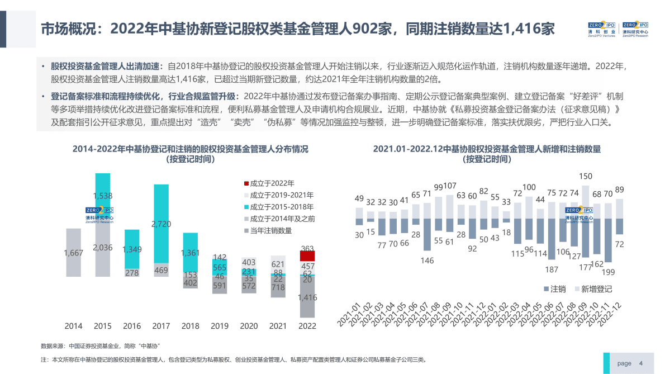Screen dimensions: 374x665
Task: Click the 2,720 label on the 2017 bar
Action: pos(161,224)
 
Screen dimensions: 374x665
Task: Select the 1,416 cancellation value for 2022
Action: pos(307,297)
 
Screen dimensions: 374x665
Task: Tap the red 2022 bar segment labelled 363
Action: pos(307,255)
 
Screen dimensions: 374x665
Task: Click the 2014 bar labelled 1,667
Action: pos(73,253)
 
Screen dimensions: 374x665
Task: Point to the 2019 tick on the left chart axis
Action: pos(220,326)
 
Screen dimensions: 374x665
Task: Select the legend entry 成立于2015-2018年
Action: pos(278,207)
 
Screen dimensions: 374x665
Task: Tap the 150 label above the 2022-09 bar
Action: pos(586,176)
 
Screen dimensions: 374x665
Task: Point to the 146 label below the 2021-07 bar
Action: pos(427,260)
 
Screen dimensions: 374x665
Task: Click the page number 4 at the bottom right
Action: pos(641,363)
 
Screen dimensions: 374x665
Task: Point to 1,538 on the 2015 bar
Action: pos(103,196)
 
